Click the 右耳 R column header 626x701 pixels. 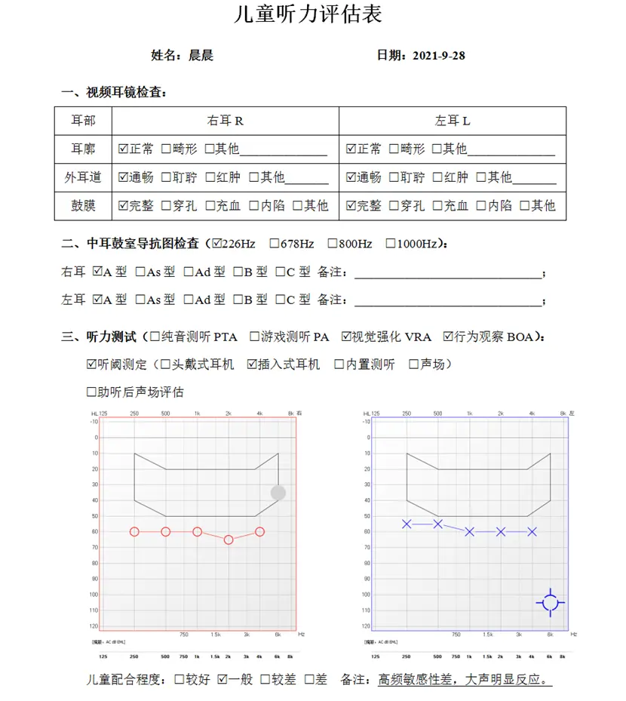point(225,121)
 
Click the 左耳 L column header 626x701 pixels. point(452,121)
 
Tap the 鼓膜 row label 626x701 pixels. point(83,205)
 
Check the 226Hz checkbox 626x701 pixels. point(218,244)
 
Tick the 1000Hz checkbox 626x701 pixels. point(391,244)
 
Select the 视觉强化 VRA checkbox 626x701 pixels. point(346,337)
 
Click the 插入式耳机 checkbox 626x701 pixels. point(252,364)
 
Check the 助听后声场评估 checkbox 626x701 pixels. point(92,392)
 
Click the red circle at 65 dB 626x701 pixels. point(229,540)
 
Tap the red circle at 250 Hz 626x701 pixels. point(134,531)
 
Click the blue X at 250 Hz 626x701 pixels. point(407,524)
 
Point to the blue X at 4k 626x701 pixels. point(532,531)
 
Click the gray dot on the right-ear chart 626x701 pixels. point(278,493)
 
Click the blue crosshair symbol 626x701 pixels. point(551,602)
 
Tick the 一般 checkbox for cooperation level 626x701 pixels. point(222,679)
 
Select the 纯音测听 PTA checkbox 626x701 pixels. point(155,337)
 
